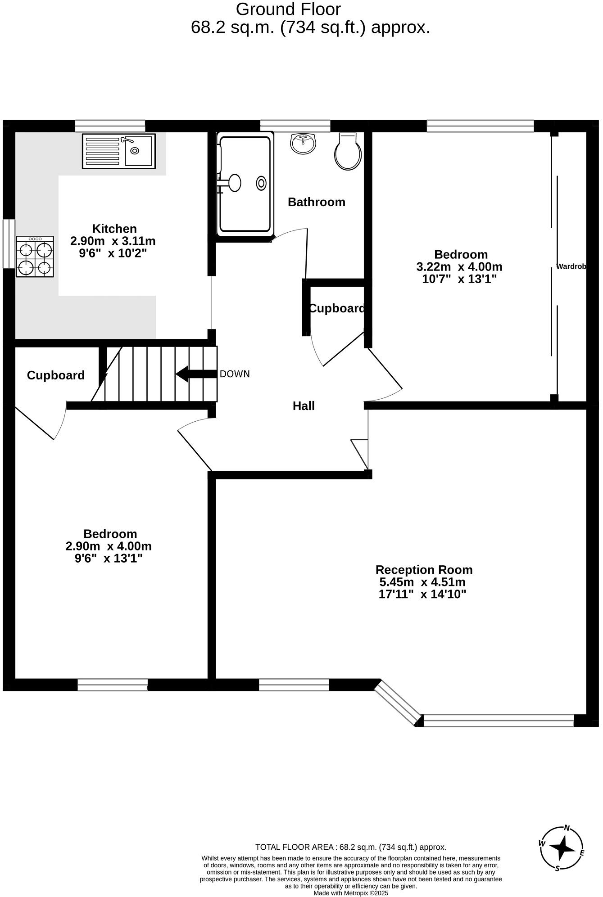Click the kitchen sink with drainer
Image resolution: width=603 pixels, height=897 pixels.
point(118,151)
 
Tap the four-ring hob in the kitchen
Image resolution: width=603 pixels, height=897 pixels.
point(35,257)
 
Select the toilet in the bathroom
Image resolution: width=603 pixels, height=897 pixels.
point(348,152)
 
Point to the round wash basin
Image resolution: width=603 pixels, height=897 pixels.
point(304,143)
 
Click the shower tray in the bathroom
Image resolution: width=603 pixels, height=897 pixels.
point(245,184)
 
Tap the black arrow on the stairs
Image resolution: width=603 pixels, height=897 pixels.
point(195,374)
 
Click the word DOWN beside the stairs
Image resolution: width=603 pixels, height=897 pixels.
point(234,374)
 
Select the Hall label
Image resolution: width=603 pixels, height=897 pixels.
point(304,406)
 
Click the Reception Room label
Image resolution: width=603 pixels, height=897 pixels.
point(424,570)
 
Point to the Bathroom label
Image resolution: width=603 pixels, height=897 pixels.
point(316,202)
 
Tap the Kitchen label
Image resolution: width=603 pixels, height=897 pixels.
point(114,229)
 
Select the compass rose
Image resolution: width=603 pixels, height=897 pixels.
point(562,848)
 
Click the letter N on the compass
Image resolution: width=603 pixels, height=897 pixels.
point(567,827)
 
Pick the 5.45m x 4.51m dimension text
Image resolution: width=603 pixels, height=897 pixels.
point(422,582)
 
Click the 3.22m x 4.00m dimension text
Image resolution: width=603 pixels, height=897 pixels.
point(459,267)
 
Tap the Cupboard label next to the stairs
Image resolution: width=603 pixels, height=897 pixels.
point(56,375)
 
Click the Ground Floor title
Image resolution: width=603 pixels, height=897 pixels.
point(288,9)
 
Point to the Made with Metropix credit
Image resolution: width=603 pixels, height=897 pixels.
point(350,893)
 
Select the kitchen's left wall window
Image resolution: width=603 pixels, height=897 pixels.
point(9,243)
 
